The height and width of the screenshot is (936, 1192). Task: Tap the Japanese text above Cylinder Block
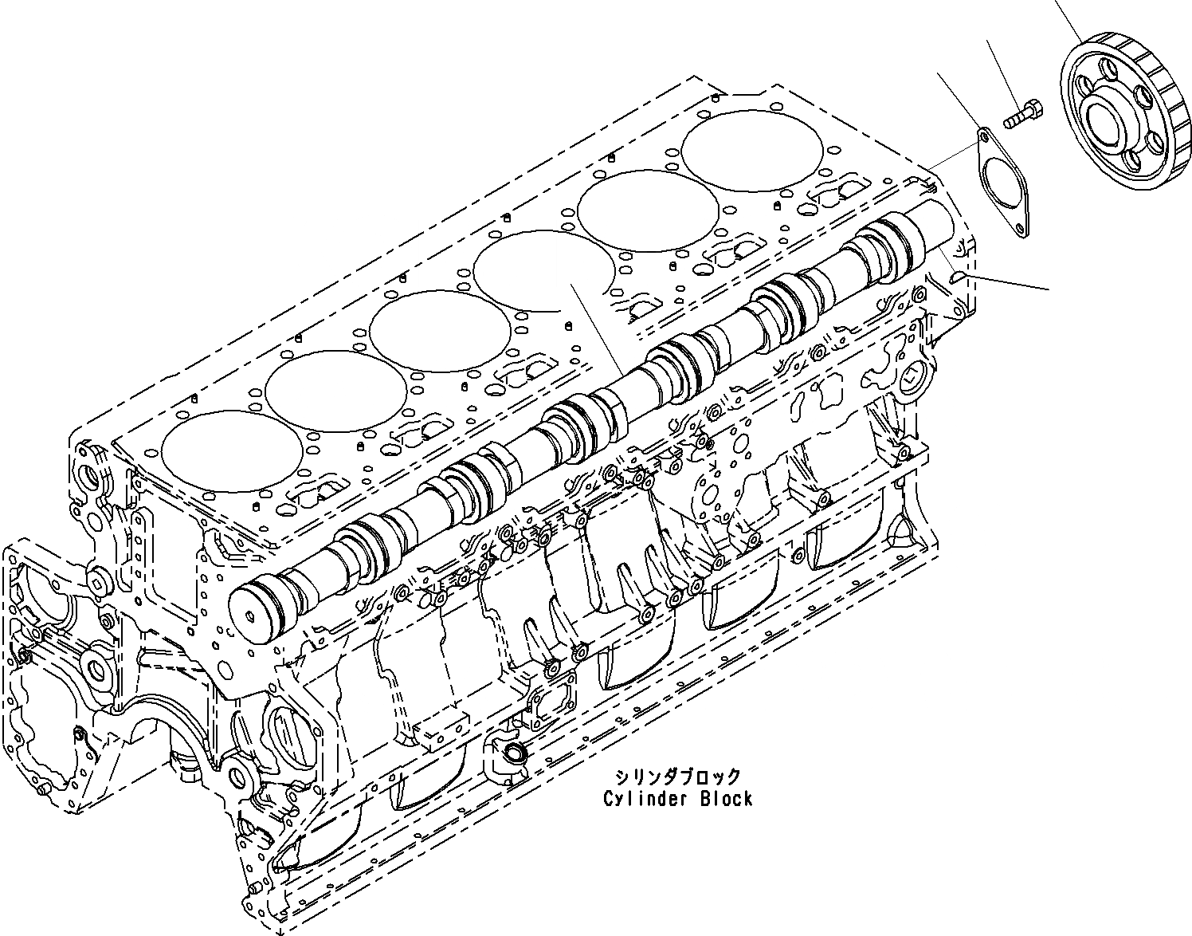tap(677, 776)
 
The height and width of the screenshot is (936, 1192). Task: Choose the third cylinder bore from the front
tap(440, 327)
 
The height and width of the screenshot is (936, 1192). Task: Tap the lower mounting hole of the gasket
tap(1019, 230)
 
